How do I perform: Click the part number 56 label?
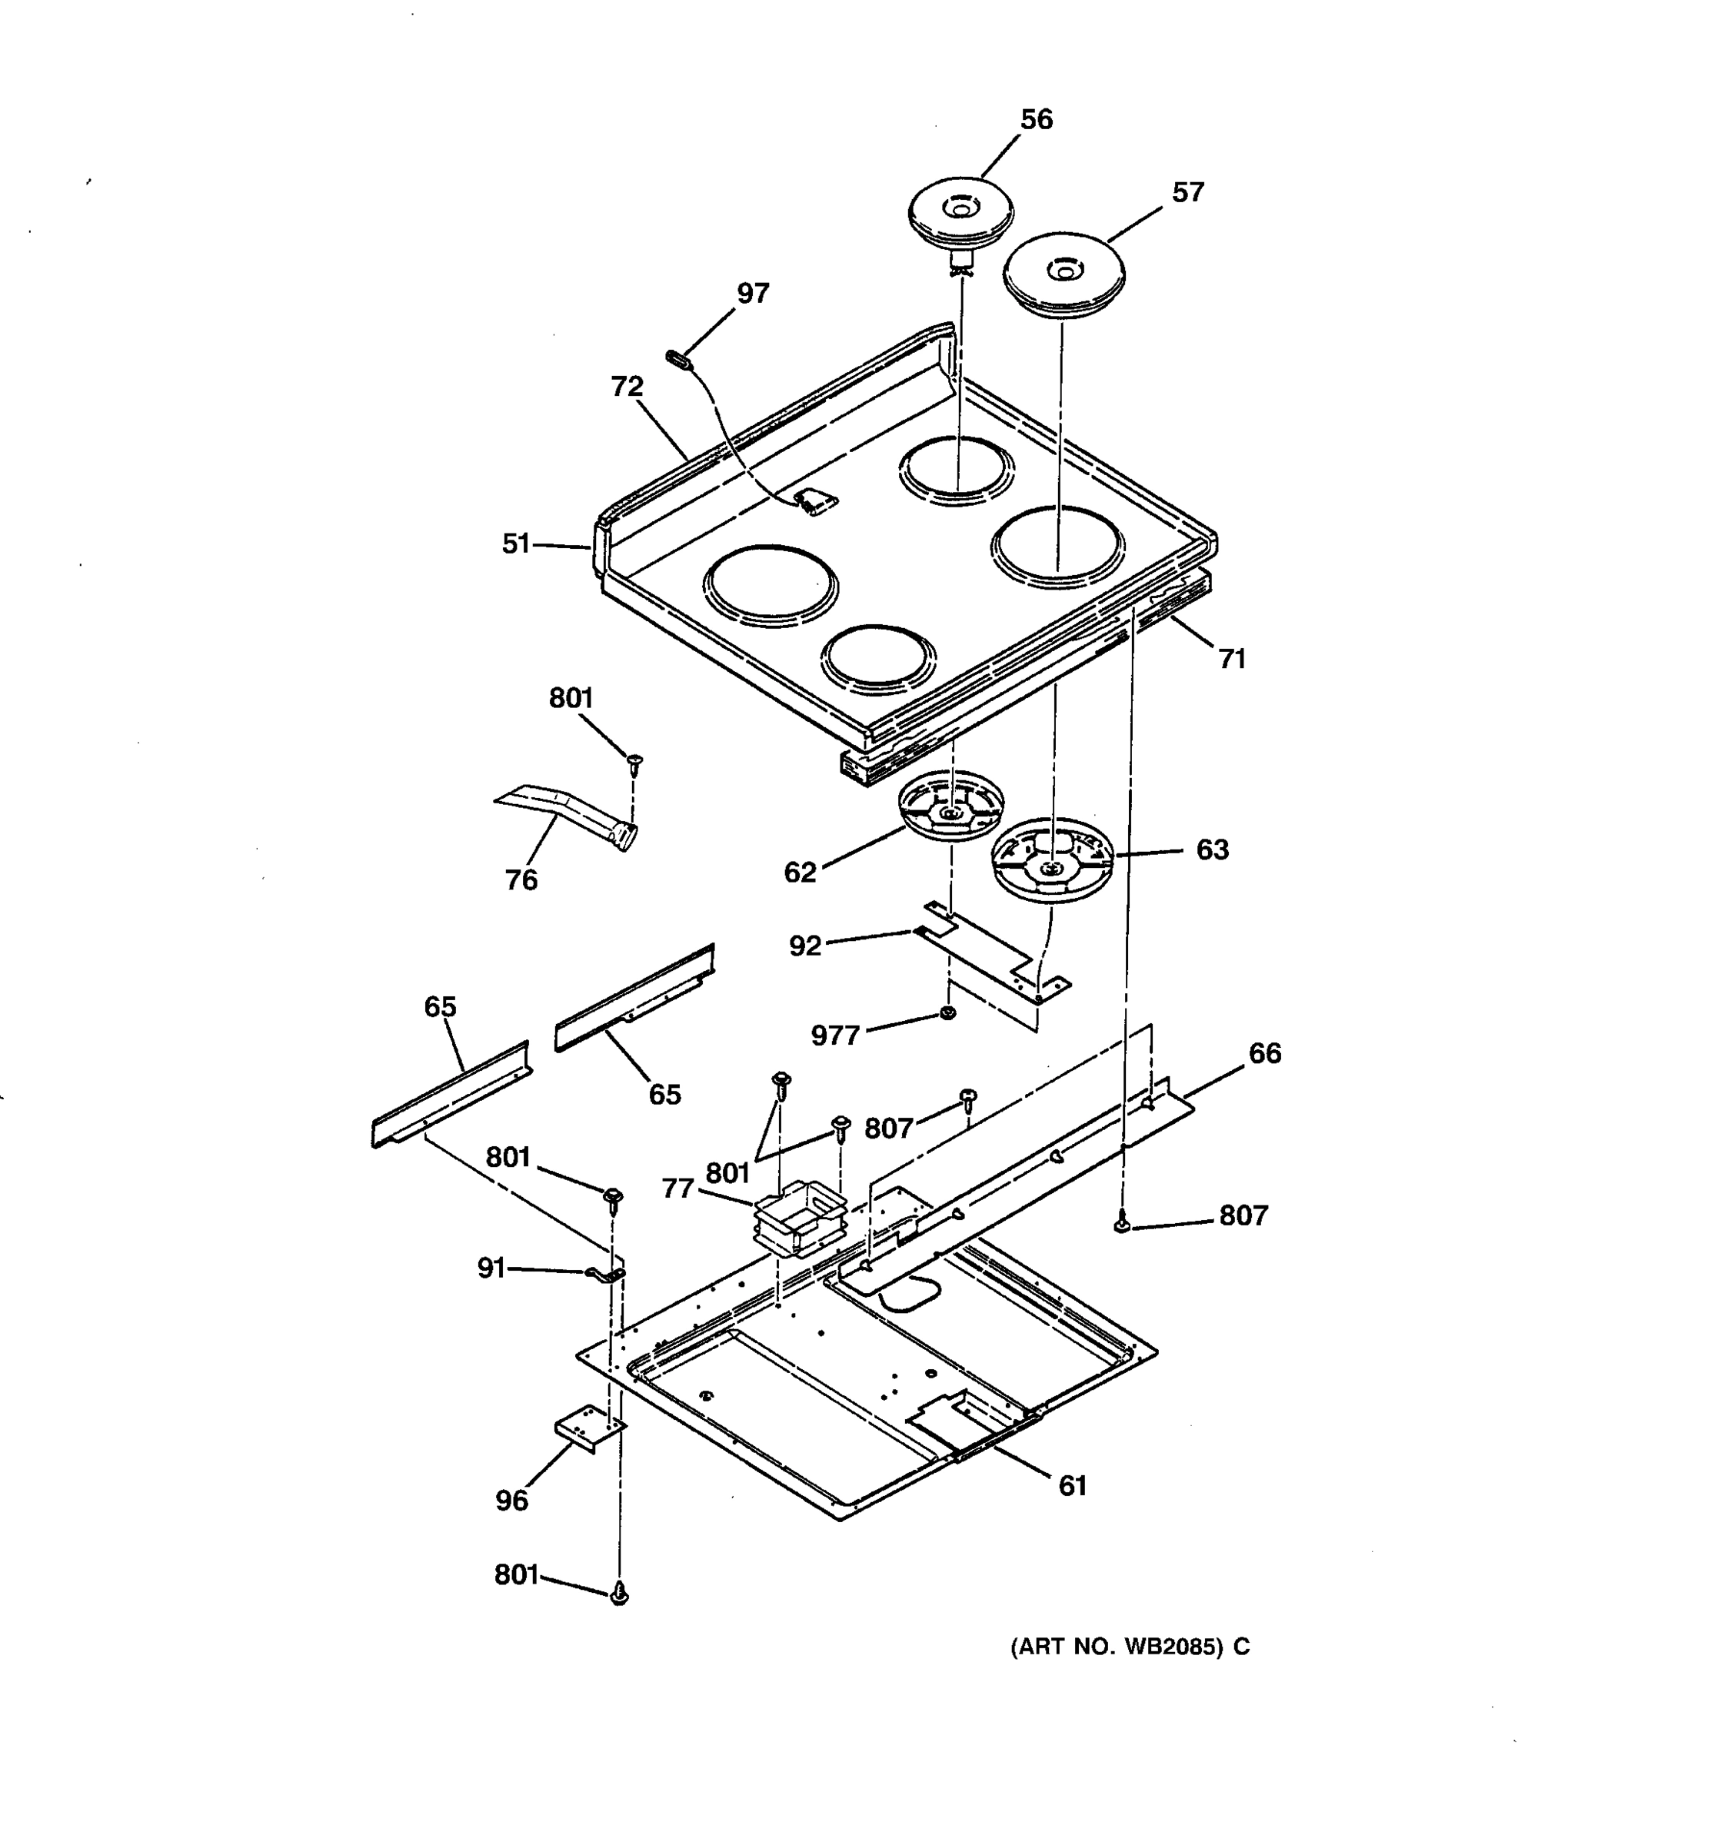click(1036, 120)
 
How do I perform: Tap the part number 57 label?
click(1187, 193)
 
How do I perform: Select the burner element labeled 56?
click(960, 214)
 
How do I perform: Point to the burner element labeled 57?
click(1063, 274)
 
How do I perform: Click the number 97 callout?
click(753, 293)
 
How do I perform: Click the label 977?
click(835, 1036)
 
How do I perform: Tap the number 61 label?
click(1072, 1486)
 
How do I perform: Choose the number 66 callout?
click(1264, 1053)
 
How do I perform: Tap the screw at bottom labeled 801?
click(620, 1595)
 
